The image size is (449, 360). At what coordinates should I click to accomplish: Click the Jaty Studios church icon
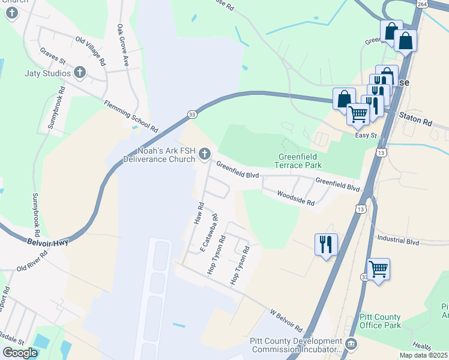80,74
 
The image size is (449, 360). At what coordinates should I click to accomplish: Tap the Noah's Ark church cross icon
205,155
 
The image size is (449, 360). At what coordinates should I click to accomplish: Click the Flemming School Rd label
130,117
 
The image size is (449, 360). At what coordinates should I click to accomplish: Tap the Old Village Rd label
90,50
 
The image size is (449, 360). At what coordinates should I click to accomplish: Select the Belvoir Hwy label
48,242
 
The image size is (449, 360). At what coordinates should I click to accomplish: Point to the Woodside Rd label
295,199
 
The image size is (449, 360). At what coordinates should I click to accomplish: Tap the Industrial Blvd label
398,240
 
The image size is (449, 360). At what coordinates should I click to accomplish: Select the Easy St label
365,136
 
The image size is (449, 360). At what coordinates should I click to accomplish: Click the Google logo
20,353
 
